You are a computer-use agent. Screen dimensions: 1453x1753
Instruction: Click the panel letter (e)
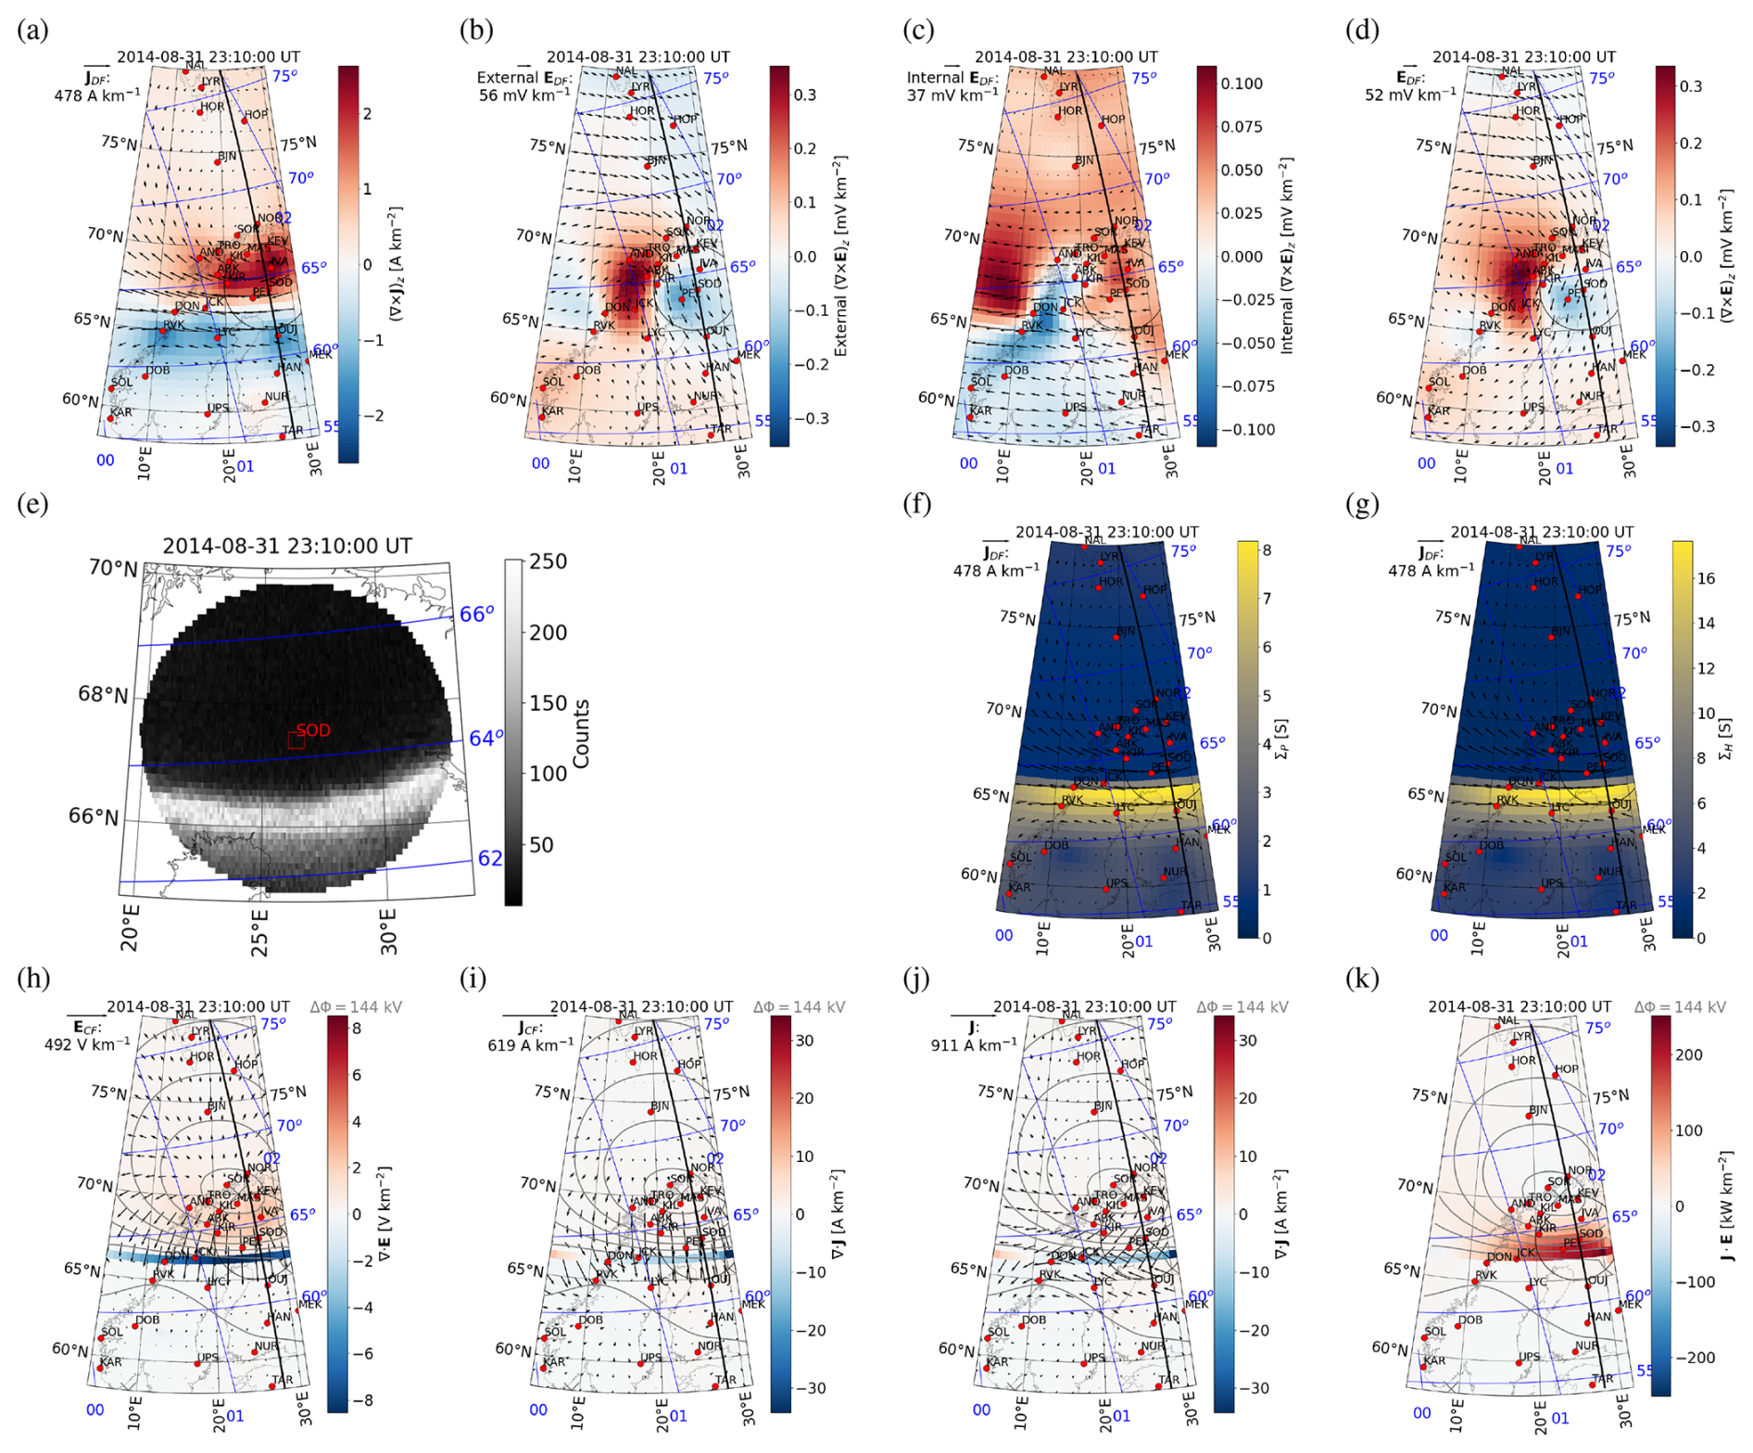(32, 505)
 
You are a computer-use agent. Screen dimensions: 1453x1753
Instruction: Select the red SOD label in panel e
(313, 731)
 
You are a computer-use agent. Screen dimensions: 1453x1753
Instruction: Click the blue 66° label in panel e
(477, 614)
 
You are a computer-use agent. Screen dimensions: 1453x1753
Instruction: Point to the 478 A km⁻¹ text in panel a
(97, 95)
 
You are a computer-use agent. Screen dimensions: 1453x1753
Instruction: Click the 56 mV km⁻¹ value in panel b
(524, 95)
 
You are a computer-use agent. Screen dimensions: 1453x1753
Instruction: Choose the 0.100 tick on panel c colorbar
(1241, 83)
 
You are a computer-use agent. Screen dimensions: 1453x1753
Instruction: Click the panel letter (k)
(1361, 979)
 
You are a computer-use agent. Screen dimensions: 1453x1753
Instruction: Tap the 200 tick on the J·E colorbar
(1689, 1055)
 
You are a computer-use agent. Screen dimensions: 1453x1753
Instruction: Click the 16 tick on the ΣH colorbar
(1706, 578)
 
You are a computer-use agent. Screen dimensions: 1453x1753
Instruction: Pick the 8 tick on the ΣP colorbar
(1267, 550)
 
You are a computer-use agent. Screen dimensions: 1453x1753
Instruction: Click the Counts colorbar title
(582, 734)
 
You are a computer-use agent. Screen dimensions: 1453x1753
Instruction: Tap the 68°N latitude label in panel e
(103, 695)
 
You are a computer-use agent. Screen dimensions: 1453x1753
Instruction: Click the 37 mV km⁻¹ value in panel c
(952, 95)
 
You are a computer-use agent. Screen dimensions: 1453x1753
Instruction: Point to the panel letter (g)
(1361, 505)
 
